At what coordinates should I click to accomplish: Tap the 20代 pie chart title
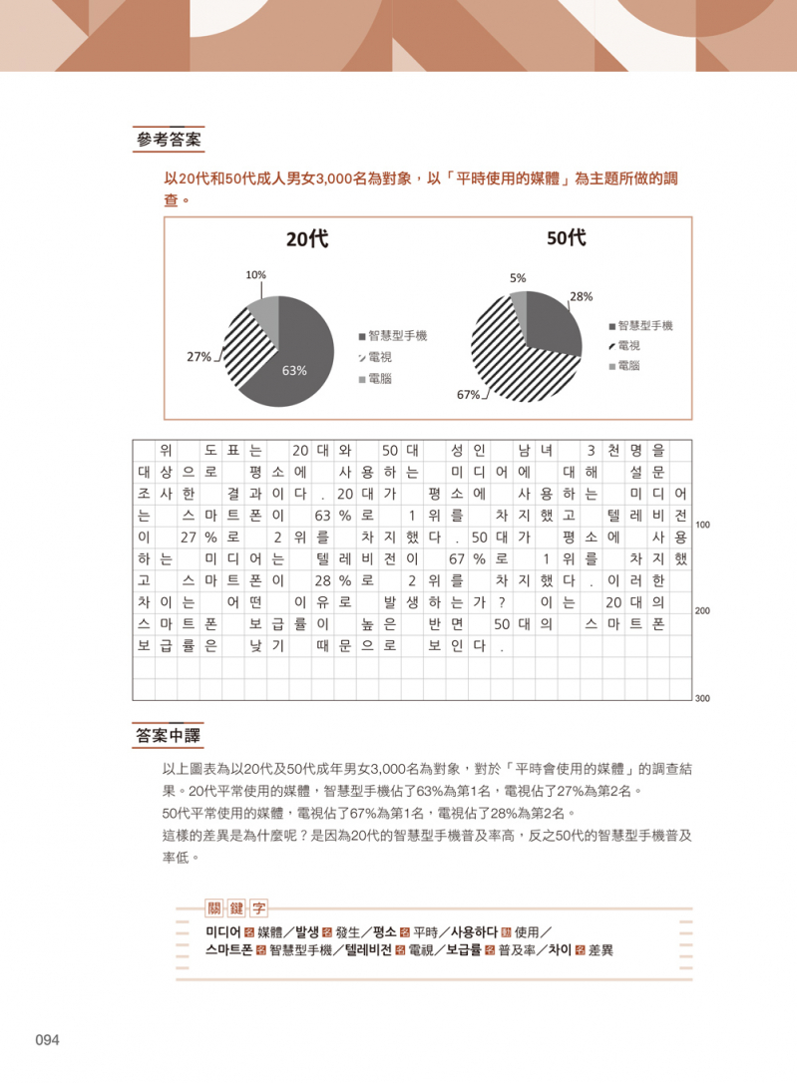306,239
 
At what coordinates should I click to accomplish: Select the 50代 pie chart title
566,239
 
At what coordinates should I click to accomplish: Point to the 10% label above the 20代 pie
255,274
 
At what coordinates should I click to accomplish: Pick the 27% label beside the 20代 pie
199,356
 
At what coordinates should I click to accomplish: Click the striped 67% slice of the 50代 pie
499,349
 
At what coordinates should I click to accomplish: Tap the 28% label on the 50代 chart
582,296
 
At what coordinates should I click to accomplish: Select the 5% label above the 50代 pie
518,278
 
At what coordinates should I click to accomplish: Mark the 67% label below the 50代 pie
468,395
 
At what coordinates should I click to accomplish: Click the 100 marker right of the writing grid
702,525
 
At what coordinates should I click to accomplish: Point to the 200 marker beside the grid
702,611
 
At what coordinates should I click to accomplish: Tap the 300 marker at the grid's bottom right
702,698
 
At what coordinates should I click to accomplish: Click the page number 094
48,1041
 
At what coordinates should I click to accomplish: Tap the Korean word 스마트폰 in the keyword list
229,950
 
